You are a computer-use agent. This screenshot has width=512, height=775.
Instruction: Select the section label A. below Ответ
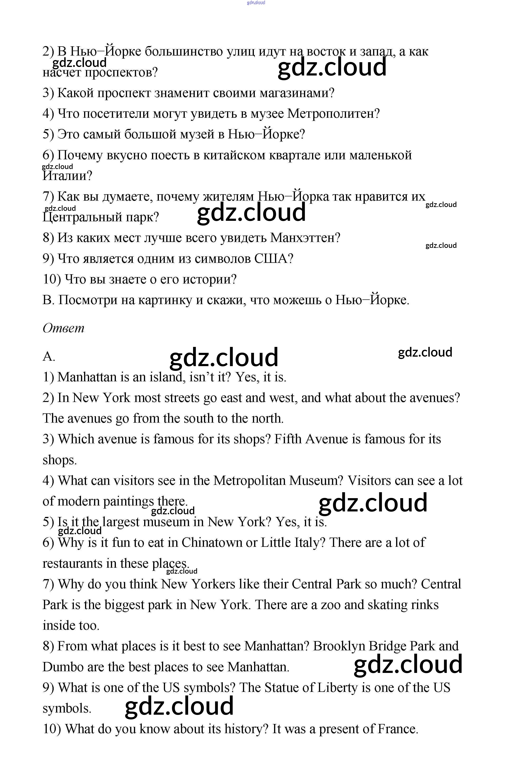coord(49,356)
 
